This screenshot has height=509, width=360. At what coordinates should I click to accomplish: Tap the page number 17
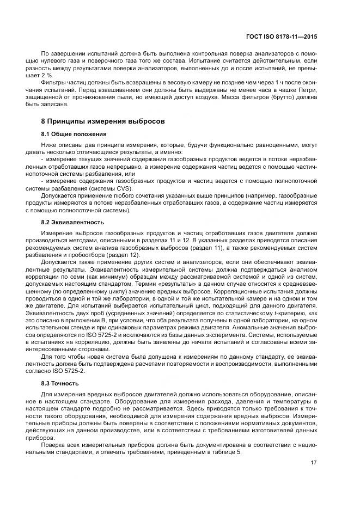[313, 463]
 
